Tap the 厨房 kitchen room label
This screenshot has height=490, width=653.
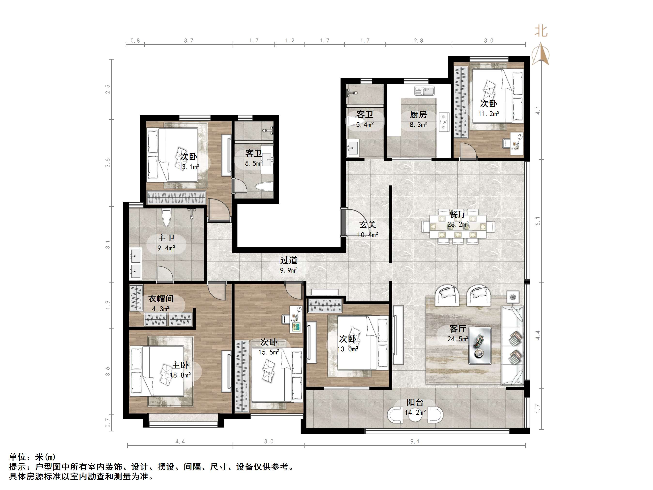point(418,115)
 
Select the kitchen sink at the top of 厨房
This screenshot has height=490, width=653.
point(425,91)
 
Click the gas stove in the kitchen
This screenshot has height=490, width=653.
point(444,122)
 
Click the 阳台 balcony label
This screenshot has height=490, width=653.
point(415,402)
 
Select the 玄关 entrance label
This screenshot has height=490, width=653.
point(368,225)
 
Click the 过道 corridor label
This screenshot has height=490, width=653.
point(289,260)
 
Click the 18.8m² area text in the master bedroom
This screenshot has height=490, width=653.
point(180,375)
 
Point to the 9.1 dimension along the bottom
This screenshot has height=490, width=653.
point(415,442)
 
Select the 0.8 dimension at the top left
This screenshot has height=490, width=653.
point(135,40)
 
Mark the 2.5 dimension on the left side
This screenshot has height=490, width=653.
point(108,89)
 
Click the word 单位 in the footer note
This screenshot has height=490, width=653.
point(18,457)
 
